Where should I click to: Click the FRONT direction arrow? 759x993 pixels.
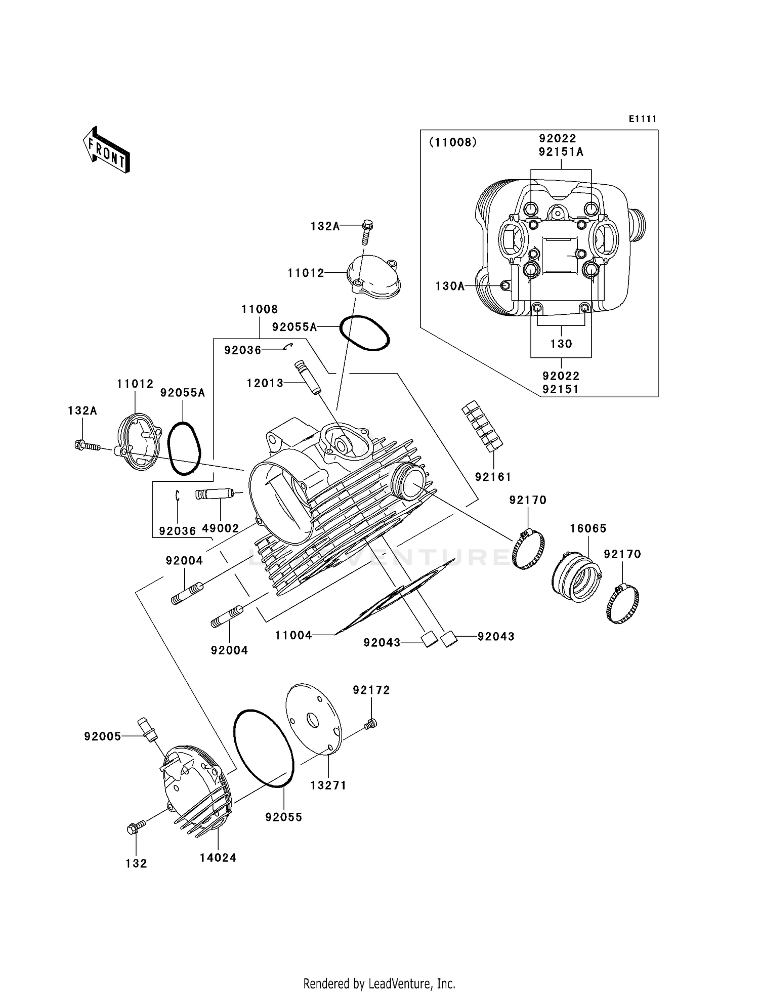tap(107, 150)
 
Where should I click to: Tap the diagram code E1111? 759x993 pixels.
tap(643, 119)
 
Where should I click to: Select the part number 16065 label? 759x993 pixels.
tap(588, 528)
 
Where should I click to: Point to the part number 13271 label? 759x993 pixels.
tap(328, 785)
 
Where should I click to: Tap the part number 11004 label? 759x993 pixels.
tap(293, 635)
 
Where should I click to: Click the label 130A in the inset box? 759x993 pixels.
tap(450, 286)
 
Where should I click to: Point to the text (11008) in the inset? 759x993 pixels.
tap(453, 142)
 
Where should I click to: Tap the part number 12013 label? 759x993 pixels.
tap(265, 383)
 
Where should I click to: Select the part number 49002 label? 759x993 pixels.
tap(220, 528)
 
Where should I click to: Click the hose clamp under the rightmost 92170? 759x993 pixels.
tap(622, 603)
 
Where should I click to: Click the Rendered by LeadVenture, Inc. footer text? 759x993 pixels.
tap(379, 983)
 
